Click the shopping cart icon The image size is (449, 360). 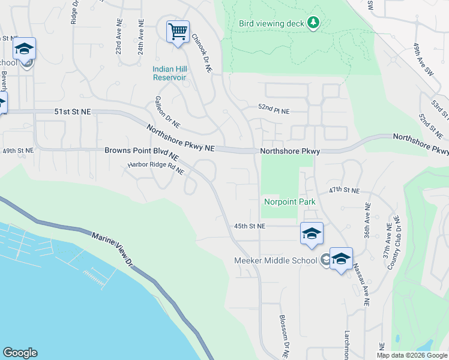[178, 31]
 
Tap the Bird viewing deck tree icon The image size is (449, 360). [313, 23]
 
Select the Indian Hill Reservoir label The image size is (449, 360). [169, 73]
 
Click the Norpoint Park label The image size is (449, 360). [290, 202]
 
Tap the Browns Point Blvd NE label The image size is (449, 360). [142, 151]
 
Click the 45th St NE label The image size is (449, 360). [249, 226]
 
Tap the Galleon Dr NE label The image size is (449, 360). [167, 112]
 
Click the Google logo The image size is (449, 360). [20, 353]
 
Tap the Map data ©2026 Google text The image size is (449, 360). [412, 355]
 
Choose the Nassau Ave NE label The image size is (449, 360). [360, 284]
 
